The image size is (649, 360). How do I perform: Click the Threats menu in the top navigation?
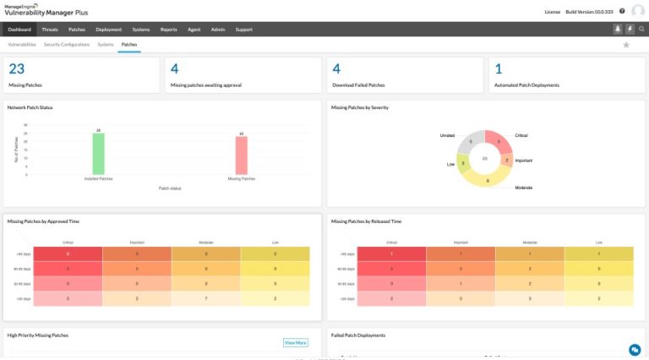click(50, 29)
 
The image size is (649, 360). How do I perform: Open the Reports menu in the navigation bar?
click(169, 29)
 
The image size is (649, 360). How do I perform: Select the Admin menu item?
click(219, 29)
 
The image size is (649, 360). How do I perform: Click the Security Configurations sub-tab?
click(67, 44)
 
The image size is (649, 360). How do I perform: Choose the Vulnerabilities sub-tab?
click(22, 44)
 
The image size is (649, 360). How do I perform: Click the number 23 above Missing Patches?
click(16, 69)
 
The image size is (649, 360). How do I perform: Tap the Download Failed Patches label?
click(358, 85)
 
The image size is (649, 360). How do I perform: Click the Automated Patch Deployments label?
click(526, 85)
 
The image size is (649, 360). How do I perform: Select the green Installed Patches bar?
click(99, 154)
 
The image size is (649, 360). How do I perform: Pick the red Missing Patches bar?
click(241, 155)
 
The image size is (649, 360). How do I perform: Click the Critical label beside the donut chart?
click(521, 135)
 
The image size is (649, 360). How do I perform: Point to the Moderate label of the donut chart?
click(524, 187)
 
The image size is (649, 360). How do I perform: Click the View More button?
click(295, 342)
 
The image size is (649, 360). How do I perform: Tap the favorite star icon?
click(626, 44)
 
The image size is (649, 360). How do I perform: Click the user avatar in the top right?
click(638, 11)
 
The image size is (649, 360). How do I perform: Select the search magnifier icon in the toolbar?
click(641, 29)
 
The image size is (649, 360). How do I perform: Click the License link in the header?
click(552, 12)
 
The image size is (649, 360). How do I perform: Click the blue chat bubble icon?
click(635, 349)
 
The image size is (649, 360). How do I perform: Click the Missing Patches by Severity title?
click(360, 107)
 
